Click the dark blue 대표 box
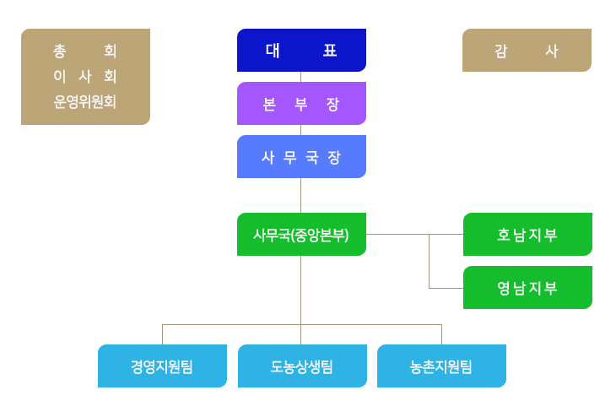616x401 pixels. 301,50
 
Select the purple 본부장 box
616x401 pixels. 301,103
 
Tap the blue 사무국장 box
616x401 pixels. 301,156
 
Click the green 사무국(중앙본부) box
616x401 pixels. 301,234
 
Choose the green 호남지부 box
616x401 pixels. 527,234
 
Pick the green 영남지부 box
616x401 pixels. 527,287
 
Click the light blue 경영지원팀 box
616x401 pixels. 162,366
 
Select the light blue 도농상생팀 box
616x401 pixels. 302,366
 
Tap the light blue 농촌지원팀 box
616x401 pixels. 441,366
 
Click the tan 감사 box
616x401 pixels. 527,50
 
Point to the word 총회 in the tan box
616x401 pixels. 85,51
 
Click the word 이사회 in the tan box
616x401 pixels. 85,76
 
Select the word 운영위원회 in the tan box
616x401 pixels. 85,102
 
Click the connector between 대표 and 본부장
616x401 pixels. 301,77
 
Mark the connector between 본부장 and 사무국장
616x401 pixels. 301,130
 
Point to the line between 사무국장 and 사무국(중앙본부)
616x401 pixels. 301,195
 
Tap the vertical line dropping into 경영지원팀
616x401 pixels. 162,334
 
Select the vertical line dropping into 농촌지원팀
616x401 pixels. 441,334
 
